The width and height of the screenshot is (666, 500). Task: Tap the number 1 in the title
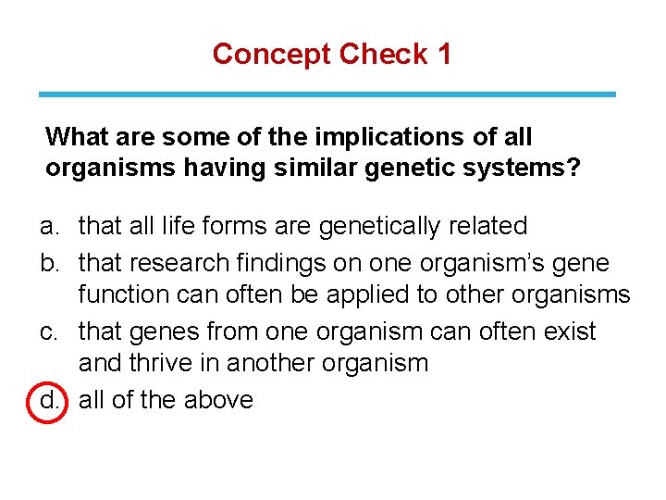444,54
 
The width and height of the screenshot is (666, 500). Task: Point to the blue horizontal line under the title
327,94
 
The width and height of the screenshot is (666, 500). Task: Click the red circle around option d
49,400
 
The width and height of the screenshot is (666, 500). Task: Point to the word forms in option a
228,226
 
